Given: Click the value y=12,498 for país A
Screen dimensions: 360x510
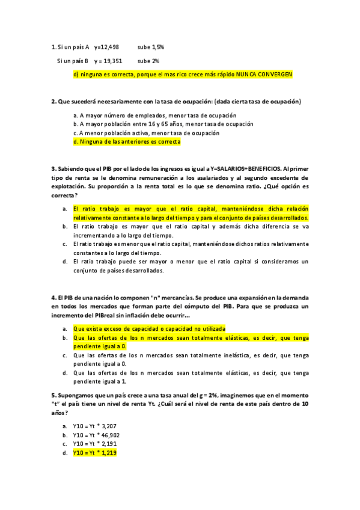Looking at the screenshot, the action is (x=106, y=47).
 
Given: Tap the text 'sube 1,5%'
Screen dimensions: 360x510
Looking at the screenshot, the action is (x=151, y=47).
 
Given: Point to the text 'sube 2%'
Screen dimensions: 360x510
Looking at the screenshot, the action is (x=148, y=61).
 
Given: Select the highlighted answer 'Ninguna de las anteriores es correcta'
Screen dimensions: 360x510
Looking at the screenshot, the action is (x=126, y=142).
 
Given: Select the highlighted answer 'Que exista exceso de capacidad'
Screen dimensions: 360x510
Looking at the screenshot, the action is (x=149, y=329).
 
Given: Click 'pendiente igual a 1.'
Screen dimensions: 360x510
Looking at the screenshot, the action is (x=99, y=381).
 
